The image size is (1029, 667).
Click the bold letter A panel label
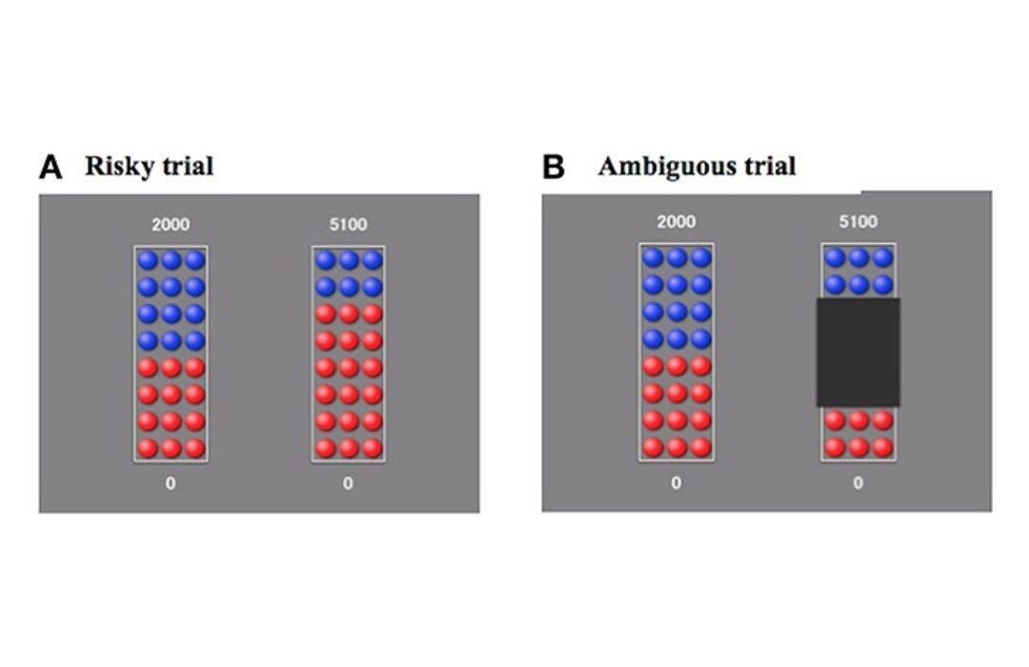50,168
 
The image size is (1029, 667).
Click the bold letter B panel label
554,168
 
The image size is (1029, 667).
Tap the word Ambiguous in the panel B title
664,167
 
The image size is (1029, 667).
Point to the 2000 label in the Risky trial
171,225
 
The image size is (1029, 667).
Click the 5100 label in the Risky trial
348,225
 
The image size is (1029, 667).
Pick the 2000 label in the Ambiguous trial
676,222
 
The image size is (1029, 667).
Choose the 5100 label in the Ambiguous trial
858,222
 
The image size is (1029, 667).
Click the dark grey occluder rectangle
857,352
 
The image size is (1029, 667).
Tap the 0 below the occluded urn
858,483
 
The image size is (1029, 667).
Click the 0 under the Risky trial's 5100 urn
348,483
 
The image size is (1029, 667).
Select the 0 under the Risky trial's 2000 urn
171,483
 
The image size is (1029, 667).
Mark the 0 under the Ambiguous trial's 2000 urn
676,483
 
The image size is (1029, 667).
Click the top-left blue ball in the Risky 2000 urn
147,259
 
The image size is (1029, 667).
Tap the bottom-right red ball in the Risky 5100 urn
373,447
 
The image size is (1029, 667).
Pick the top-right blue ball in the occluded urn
883,257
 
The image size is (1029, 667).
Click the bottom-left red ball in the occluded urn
835,446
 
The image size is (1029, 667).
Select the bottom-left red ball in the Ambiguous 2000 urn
652,446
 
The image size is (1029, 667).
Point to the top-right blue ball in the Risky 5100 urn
373,259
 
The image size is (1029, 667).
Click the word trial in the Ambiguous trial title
769,167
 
